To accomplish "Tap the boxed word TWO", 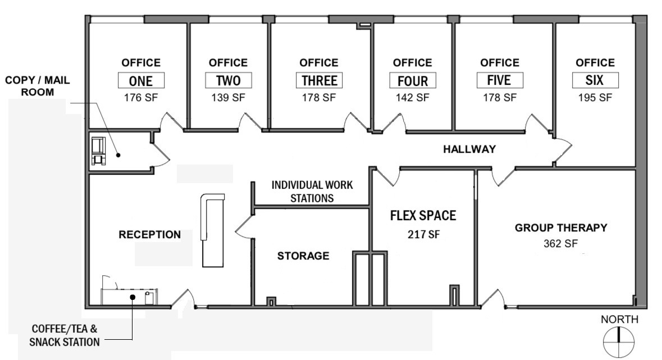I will coord(228,80).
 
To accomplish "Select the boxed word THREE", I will coord(319,80).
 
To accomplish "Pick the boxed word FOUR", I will coord(412,81).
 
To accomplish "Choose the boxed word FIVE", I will coord(499,80).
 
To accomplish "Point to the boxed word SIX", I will coord(595,80).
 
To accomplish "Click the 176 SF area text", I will coord(141,97).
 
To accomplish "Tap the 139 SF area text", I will coord(228,97).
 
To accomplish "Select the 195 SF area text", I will coord(595,97).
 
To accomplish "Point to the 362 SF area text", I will coord(560,244).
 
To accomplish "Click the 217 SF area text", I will coord(423,234).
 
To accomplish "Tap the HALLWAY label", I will coord(469,149).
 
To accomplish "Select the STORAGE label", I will coord(303,256).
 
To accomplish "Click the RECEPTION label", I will coord(150,235).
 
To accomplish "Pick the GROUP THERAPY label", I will coord(561,227).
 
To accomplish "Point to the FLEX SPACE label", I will coord(423,216).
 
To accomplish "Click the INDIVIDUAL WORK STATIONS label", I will coord(312,192).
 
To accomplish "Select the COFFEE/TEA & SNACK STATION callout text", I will coord(66,335).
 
